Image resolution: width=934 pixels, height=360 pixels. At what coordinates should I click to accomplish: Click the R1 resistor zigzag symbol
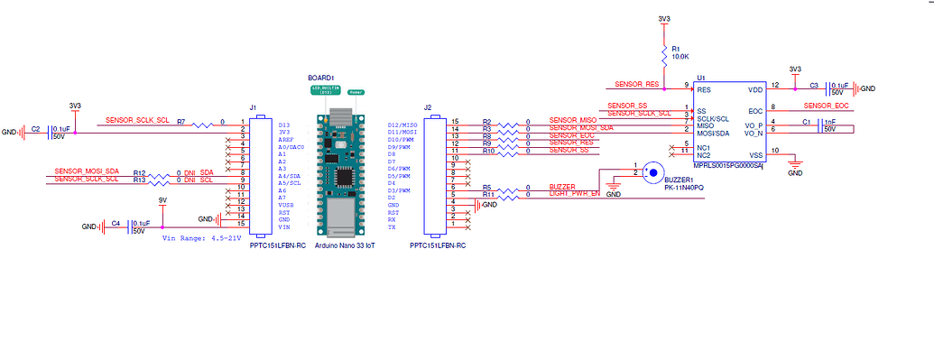tap(664, 55)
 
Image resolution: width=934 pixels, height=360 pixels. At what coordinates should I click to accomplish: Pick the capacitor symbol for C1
tap(820, 125)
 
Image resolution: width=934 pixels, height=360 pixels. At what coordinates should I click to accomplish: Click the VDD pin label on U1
tap(754, 90)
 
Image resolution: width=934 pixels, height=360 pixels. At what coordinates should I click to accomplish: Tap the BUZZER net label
tap(562, 187)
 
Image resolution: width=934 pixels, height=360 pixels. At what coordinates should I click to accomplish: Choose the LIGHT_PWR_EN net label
tap(574, 195)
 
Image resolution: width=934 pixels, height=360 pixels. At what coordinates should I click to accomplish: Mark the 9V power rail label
tap(162, 199)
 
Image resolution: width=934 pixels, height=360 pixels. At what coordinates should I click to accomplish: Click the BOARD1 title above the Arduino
tap(320, 78)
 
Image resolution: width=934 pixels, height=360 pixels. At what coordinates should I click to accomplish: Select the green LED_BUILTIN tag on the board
tap(327, 91)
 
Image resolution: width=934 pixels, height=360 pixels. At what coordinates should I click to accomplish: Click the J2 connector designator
tap(428, 107)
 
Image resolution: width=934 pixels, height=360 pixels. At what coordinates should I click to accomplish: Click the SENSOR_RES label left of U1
tap(636, 84)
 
